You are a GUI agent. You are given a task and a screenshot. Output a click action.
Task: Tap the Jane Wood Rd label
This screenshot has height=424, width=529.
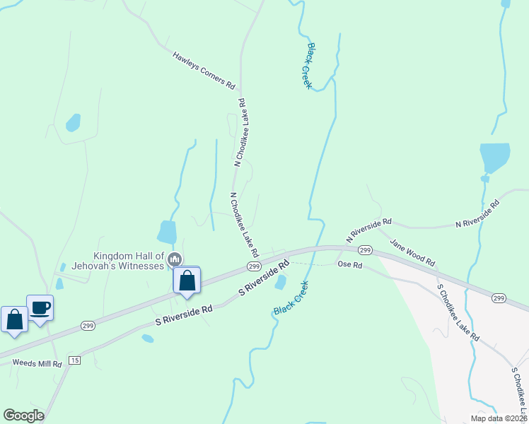point(412,252)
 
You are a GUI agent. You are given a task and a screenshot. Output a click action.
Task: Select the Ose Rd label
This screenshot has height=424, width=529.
point(349,265)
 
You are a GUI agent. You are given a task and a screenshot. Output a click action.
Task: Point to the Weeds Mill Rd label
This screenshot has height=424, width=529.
point(37,363)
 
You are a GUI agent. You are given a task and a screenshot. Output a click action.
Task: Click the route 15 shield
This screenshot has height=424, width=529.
point(76,360)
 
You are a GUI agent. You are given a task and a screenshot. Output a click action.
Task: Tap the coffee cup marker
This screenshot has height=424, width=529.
point(40,308)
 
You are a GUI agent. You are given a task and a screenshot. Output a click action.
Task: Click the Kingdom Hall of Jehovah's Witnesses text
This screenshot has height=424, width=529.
point(129,260)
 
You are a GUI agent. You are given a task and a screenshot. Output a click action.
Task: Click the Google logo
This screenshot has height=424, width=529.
point(23,415)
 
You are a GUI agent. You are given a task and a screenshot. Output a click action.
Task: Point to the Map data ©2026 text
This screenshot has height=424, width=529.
point(498,418)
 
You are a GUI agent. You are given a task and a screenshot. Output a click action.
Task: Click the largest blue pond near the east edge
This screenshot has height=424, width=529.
point(494,156)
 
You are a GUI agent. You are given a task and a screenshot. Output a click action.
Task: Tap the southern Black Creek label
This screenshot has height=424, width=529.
point(291,300)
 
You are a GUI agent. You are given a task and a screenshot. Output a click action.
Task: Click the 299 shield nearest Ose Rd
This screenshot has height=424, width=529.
point(365,251)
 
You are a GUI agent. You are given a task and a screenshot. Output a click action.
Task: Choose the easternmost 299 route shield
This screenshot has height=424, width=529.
point(499,299)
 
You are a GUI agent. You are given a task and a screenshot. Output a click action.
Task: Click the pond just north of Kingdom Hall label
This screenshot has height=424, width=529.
point(167,232)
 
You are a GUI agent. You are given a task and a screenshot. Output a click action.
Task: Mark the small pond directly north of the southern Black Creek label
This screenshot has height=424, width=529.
point(281,282)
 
